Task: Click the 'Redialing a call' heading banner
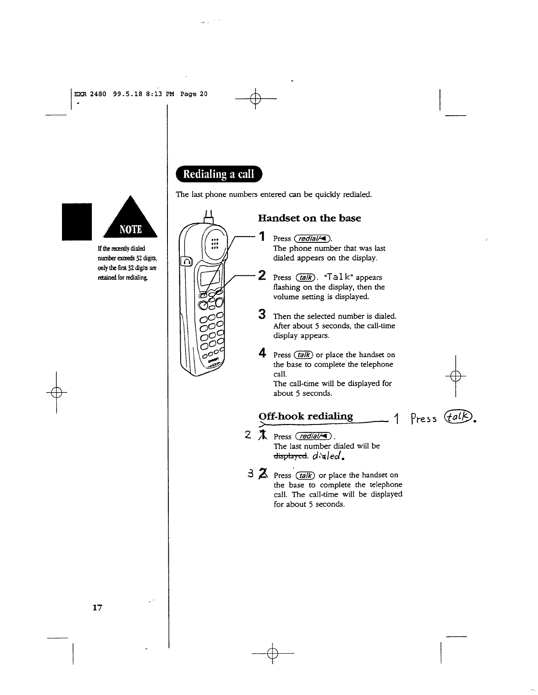218,174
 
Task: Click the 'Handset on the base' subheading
309,218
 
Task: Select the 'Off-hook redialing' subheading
305,416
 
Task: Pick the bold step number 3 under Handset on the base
262,315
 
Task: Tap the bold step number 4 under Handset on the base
262,353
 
